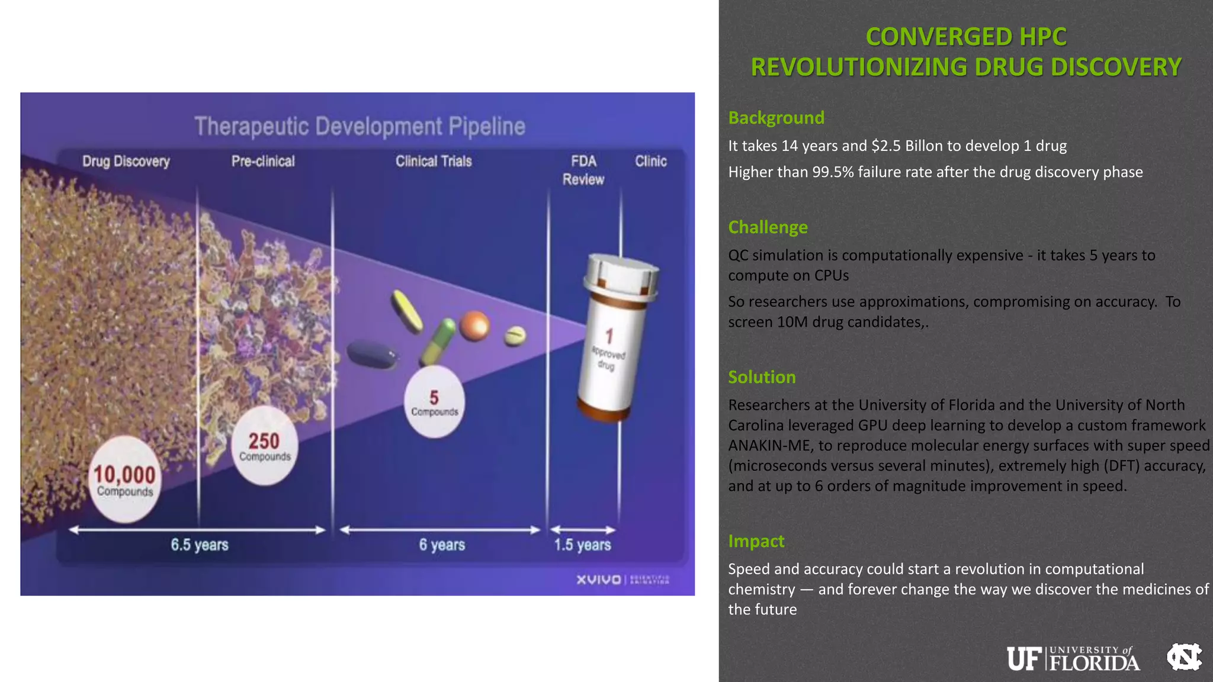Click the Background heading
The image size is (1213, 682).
[776, 118]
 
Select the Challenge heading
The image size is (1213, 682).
[768, 227]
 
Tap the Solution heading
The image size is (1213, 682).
[762, 377]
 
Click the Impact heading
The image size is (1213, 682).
[756, 541]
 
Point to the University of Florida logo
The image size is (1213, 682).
[1073, 658]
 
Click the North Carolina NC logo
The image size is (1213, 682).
[1183, 657]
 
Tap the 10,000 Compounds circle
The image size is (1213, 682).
[124, 480]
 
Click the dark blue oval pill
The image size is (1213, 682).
[371, 354]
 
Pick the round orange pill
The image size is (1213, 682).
[474, 326]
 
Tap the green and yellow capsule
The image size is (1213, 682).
[438, 342]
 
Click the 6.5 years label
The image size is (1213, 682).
[199, 545]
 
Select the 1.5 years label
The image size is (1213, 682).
[582, 545]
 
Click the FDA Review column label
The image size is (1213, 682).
[583, 170]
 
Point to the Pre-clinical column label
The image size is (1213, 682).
[263, 161]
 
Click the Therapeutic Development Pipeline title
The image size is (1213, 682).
[360, 127]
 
